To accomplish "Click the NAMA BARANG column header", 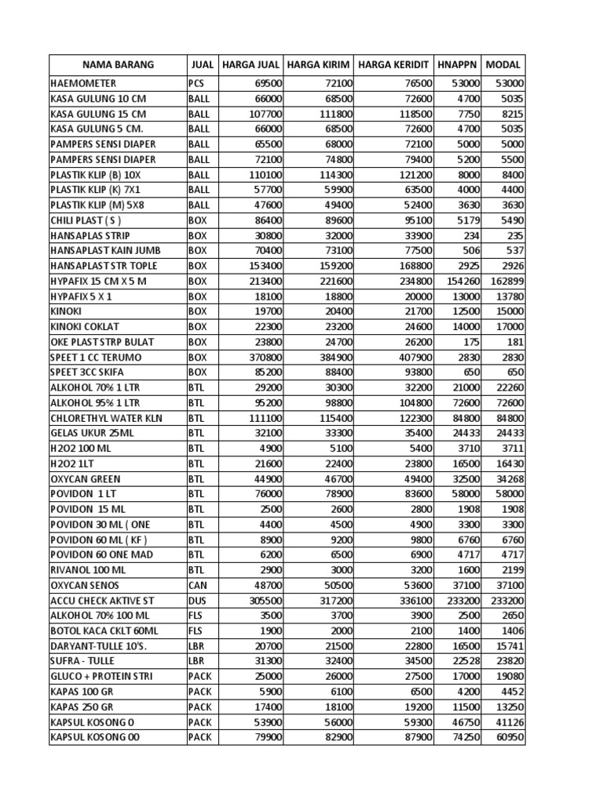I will (x=117, y=64).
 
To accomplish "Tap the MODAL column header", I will (x=503, y=64).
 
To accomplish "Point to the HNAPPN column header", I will (x=458, y=64).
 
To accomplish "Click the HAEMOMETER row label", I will (x=83, y=83).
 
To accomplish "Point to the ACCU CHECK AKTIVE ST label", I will (x=99, y=600).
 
